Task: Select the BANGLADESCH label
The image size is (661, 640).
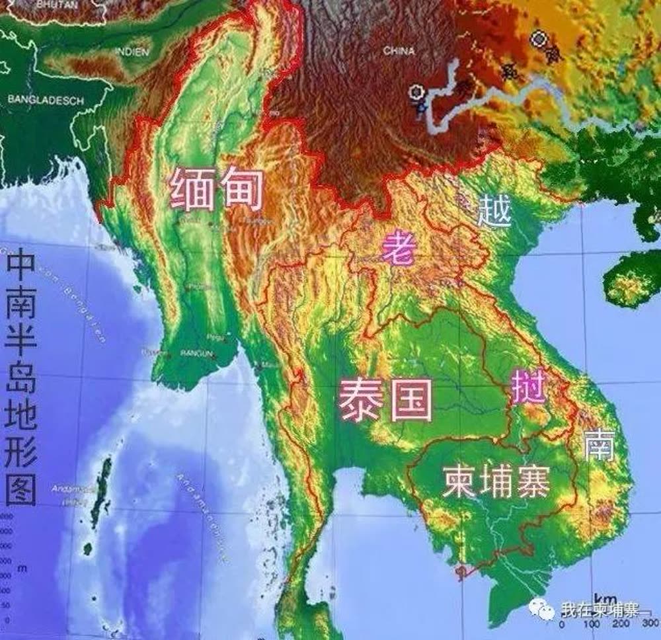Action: tap(46, 100)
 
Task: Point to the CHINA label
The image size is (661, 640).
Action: tap(399, 50)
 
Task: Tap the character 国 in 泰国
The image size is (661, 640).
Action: tap(410, 399)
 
